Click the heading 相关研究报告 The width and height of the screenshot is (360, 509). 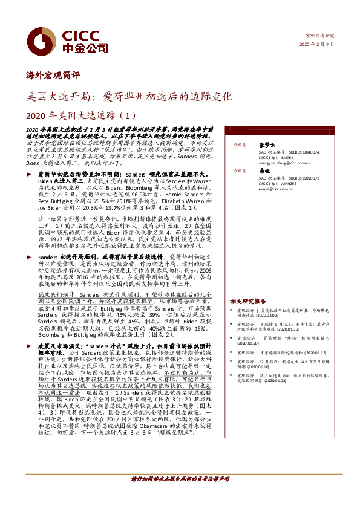248,300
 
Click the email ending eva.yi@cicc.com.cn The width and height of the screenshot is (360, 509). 275,189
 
